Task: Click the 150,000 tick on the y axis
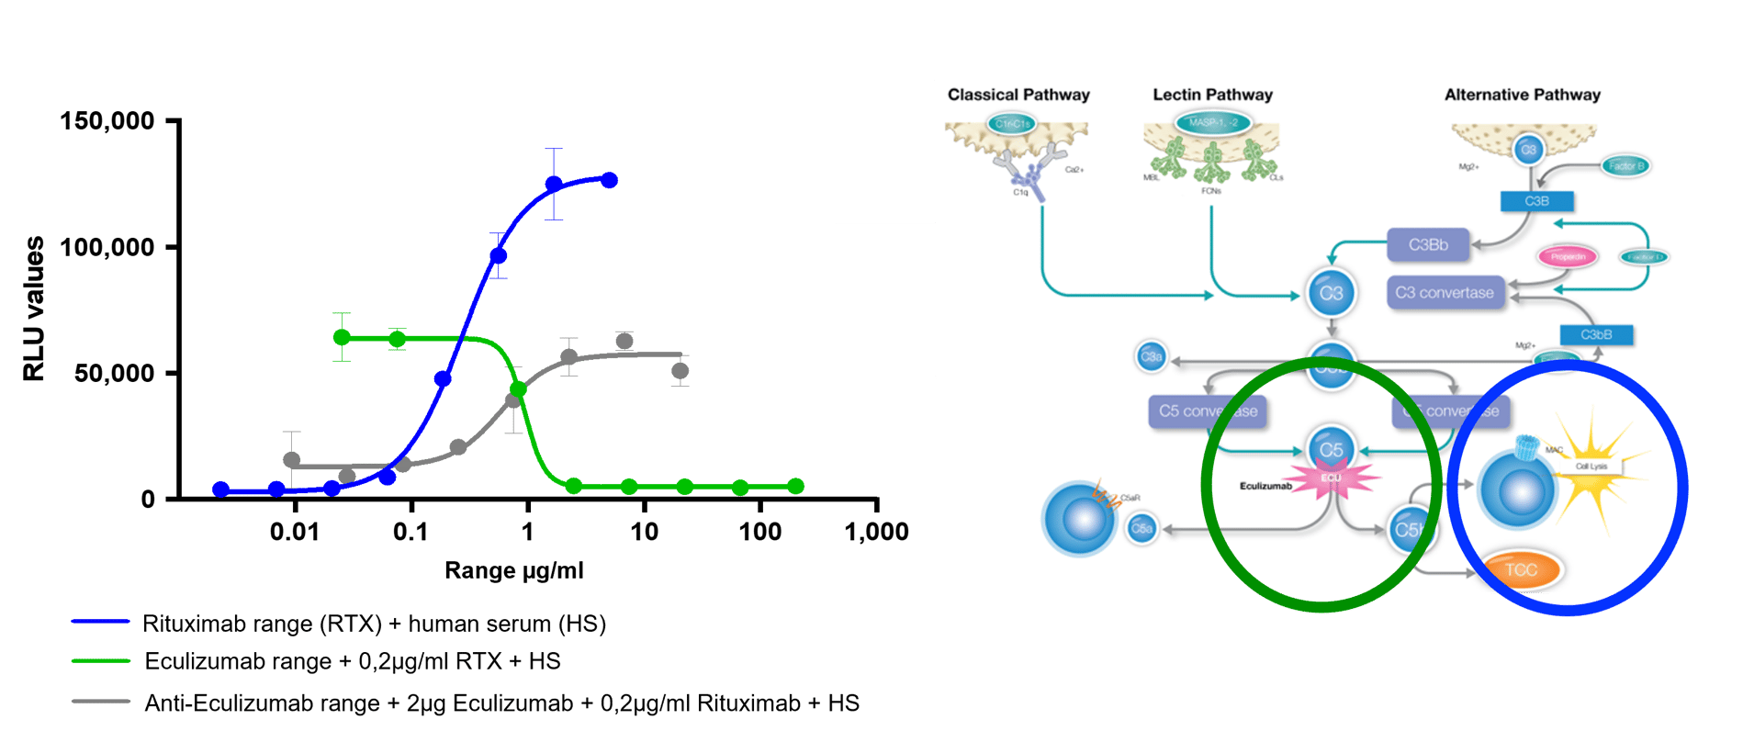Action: [107, 121]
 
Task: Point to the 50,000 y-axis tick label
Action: [114, 374]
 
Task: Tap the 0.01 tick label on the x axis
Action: [294, 532]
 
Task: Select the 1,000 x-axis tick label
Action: [876, 532]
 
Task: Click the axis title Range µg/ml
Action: [513, 571]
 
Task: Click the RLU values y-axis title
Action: [34, 309]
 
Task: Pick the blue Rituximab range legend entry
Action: [373, 624]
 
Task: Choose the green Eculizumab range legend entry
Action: [352, 661]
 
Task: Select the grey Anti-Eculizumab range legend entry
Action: [500, 703]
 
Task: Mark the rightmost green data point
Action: [795, 486]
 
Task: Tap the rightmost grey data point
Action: [680, 371]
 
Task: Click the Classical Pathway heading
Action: [1018, 95]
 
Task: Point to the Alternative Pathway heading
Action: [1522, 95]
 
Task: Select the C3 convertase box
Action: [1445, 293]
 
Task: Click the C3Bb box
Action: [1428, 245]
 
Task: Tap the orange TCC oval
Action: [1521, 569]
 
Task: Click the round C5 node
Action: [1332, 450]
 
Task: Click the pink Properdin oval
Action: [1568, 257]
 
